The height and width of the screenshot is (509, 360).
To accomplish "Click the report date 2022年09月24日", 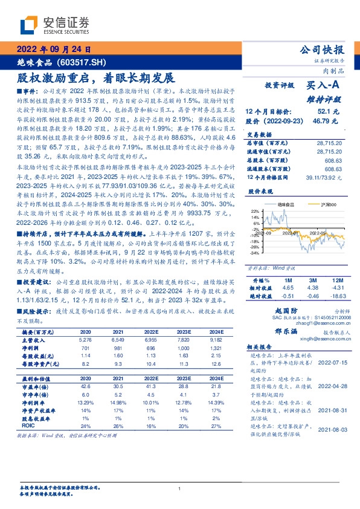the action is coord(54,50).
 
